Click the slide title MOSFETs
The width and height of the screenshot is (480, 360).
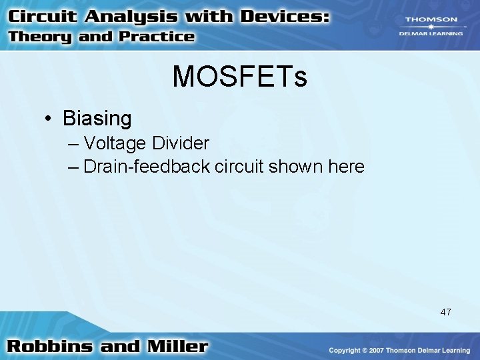pyautogui.click(x=239, y=77)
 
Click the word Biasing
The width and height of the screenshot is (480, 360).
pyautogui.click(x=97, y=119)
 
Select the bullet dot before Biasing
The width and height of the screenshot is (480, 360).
pyautogui.click(x=49, y=119)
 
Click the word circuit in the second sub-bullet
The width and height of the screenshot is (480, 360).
pyautogui.click(x=239, y=166)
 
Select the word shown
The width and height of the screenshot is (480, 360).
pyautogui.click(x=293, y=166)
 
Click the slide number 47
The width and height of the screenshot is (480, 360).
pyautogui.click(x=445, y=311)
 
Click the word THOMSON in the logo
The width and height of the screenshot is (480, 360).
pyautogui.click(x=431, y=20)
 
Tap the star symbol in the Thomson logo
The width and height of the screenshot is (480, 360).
pyautogui.click(x=431, y=27)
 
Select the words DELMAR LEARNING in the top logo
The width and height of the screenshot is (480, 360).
pyautogui.click(x=431, y=33)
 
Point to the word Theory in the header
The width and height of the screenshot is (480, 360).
pyautogui.click(x=39, y=37)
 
